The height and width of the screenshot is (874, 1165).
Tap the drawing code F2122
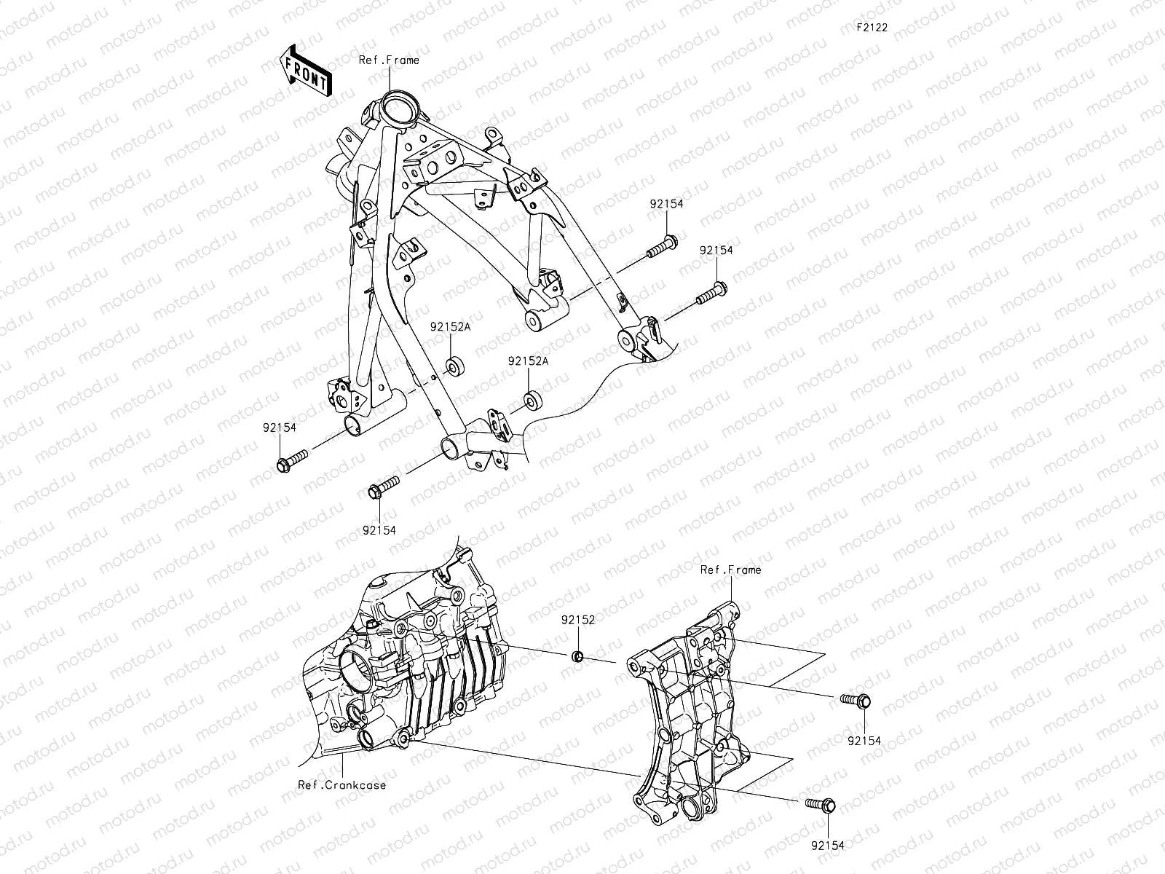click(871, 28)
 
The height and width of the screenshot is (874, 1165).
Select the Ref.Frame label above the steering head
click(389, 60)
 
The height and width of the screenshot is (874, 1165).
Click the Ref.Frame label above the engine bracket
click(730, 570)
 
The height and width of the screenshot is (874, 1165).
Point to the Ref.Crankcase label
click(341, 784)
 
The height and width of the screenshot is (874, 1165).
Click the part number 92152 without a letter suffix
click(578, 621)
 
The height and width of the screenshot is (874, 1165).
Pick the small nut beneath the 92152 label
click(578, 658)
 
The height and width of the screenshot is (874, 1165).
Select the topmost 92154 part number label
click(667, 205)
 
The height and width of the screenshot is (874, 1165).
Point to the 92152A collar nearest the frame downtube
click(457, 366)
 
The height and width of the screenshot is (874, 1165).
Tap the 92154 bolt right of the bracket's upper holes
click(857, 701)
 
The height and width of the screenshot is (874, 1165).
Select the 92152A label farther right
click(528, 361)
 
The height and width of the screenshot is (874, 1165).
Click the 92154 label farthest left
click(280, 428)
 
